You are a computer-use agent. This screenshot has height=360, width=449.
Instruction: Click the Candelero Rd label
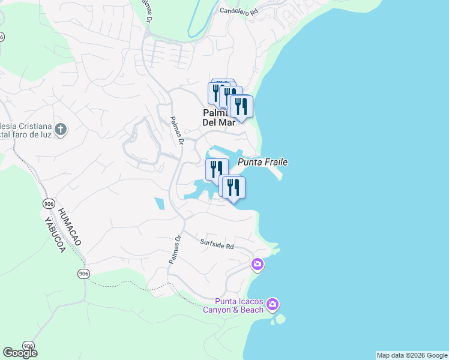238,11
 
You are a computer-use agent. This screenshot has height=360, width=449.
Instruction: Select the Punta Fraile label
263,162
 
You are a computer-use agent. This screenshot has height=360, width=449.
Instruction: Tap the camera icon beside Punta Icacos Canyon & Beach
273,305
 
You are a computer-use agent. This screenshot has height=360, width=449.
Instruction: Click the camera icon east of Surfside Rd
258,265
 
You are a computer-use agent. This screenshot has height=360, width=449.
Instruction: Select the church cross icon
60,129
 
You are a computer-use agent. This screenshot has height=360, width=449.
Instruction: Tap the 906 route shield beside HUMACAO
49,204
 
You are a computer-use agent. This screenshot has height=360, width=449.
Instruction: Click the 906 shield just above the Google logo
28,346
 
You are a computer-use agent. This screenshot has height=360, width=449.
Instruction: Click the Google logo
20,353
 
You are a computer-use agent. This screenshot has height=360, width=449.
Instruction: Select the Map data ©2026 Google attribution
412,355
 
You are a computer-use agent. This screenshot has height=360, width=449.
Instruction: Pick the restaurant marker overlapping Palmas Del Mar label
241,107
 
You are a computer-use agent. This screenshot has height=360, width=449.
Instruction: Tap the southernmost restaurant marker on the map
233,188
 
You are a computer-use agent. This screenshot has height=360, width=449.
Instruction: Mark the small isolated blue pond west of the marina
158,203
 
